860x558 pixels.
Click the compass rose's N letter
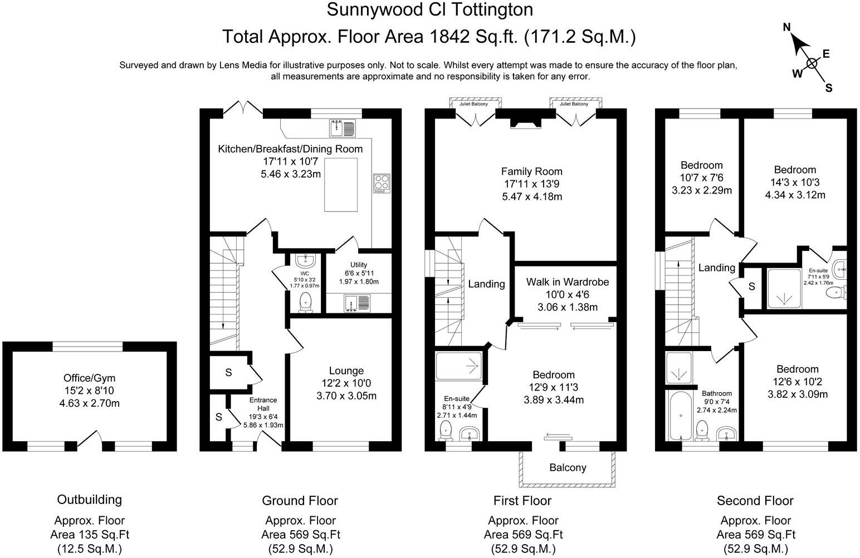[x=787, y=27]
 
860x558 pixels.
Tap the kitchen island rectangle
[x=341, y=184]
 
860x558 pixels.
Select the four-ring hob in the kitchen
[x=382, y=183]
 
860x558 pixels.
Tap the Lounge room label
[x=346, y=371]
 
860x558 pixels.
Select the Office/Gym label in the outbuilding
[x=89, y=378]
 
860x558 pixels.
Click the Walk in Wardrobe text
[x=567, y=282]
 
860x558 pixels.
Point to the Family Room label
[x=531, y=171]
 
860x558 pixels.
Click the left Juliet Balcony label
[x=473, y=104]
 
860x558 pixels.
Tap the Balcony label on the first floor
[x=568, y=467]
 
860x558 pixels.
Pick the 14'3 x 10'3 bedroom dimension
[x=795, y=182]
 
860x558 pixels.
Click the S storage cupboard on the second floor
[x=751, y=287]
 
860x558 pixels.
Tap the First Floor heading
[x=522, y=501]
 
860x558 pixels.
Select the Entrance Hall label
[x=263, y=404]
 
